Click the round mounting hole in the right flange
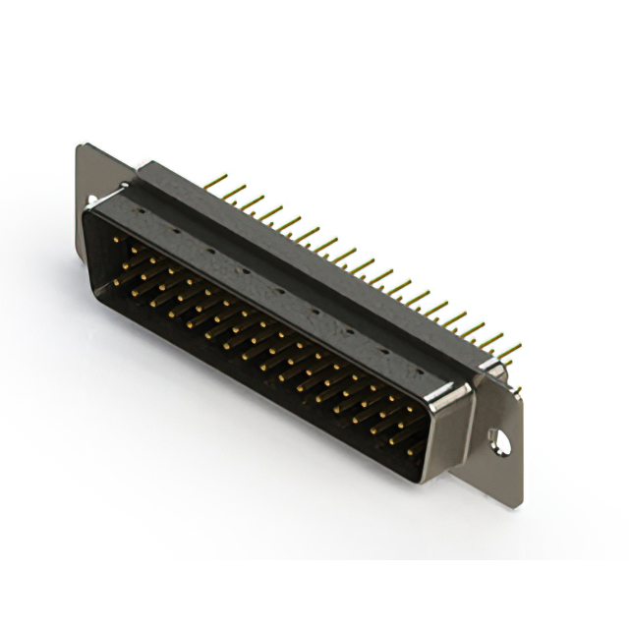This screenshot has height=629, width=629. coord(502,441)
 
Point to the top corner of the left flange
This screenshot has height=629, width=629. coord(81,147)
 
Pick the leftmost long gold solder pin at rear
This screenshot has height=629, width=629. coord(211,183)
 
